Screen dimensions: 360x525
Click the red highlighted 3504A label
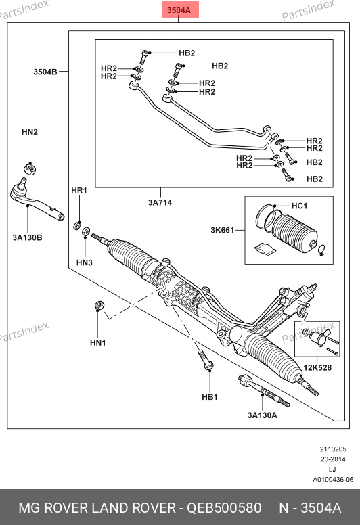pyautogui.click(x=179, y=10)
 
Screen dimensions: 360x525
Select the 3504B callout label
pyautogui.click(x=45, y=72)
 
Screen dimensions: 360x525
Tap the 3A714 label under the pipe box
pyautogui.click(x=160, y=202)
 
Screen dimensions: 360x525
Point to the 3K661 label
pyautogui.click(x=223, y=230)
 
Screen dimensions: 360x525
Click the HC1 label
pyautogui.click(x=299, y=206)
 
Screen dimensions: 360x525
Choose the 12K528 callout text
pyautogui.click(x=317, y=367)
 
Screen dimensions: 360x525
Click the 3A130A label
pyautogui.click(x=262, y=415)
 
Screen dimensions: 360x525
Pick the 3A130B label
pyautogui.click(x=28, y=237)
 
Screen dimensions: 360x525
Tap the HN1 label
pyautogui.click(x=98, y=342)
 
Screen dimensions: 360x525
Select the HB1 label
pyautogui.click(x=210, y=397)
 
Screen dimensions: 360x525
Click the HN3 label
pyautogui.click(x=85, y=262)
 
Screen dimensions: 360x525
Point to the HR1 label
pyautogui.click(x=79, y=191)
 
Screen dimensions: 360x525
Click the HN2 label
pyautogui.click(x=30, y=132)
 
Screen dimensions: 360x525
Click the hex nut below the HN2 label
pyautogui.click(x=30, y=167)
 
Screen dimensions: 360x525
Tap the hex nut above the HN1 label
pyautogui.click(x=99, y=305)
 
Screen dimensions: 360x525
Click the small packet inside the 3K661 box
pyautogui.click(x=265, y=249)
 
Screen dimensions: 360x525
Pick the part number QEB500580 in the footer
pyautogui.click(x=224, y=508)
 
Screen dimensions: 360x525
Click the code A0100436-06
pyautogui.click(x=333, y=480)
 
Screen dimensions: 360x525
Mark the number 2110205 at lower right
pyautogui.click(x=333, y=449)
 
